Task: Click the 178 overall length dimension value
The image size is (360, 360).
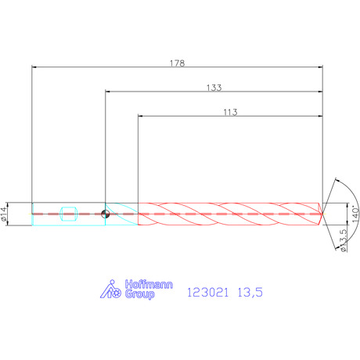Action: tap(177, 63)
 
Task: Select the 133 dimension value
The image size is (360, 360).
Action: tap(214, 88)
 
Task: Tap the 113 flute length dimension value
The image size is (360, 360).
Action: tap(230, 112)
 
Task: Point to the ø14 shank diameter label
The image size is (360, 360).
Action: tap(4, 214)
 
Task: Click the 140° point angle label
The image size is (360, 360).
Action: tap(355, 214)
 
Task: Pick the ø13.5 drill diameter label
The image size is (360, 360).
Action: tap(344, 240)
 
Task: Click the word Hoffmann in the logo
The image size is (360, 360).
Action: tap(149, 284)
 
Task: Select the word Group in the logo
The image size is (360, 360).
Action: tap(140, 294)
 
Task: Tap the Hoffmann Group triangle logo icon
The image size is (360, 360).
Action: tap(110, 289)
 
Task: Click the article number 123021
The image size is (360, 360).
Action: tap(208, 293)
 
